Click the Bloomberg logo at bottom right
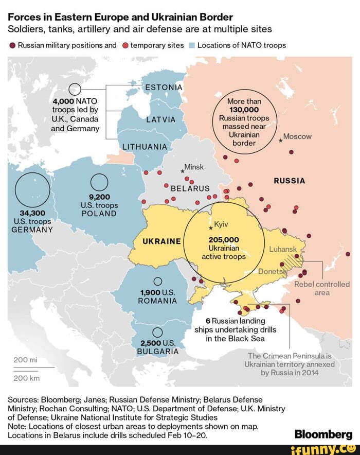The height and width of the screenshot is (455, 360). click(323, 434)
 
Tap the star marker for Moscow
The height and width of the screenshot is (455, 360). click(280, 141)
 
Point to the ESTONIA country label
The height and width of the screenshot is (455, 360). click(164, 87)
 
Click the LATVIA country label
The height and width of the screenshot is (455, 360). click(161, 120)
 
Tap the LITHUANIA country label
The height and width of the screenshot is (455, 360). click(145, 147)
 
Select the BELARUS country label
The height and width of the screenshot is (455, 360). click(190, 188)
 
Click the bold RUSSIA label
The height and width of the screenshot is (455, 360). click(289, 181)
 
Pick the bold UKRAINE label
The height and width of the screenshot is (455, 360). click(161, 241)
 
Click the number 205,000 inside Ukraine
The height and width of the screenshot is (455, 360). click(224, 239)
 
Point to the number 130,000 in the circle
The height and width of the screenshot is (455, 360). click(244, 110)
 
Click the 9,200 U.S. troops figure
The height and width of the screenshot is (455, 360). click(99, 196)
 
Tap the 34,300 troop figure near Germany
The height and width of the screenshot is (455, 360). click(32, 213)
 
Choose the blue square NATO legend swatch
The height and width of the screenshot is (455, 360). click(192, 45)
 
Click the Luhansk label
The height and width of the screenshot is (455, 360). click(283, 250)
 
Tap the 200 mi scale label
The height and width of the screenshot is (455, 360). click(23, 360)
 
